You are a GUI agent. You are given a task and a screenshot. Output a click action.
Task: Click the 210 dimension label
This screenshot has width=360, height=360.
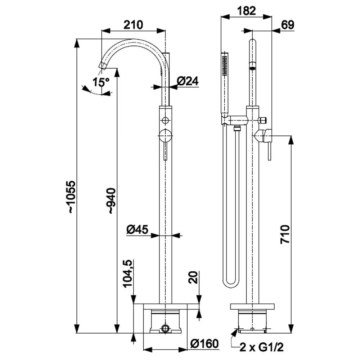pos(133,25)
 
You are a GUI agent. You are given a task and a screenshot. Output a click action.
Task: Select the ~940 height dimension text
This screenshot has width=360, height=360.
pos(112,201)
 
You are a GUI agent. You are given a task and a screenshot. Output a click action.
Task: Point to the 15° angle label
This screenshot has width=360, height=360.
pos(101,82)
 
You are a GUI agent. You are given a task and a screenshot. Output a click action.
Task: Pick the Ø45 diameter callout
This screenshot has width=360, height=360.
pos(137,229)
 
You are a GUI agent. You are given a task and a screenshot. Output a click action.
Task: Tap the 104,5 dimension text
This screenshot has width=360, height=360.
pos(128,274)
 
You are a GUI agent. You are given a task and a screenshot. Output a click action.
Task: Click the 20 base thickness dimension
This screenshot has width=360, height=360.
pos(193,277)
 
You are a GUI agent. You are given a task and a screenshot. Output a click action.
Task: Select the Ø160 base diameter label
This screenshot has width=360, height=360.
pos(204,343)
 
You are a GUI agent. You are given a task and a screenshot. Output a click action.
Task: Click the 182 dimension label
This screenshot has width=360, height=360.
pos(246,10)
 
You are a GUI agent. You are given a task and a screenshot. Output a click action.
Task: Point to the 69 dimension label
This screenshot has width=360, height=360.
pos(288,25)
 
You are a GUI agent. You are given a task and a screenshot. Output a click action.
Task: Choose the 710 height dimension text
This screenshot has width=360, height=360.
pos(285,234)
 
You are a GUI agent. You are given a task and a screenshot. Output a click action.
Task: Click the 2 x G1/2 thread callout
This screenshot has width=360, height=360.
pos(261,347)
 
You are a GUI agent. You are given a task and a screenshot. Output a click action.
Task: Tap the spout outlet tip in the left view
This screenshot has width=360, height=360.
pos(102,66)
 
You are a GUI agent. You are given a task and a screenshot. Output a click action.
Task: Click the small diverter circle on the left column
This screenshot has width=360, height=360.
pos(165,120)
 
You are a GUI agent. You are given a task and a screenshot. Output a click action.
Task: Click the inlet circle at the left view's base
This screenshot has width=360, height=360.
pos(165,328)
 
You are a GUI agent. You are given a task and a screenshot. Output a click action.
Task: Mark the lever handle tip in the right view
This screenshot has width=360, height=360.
pos(270,159)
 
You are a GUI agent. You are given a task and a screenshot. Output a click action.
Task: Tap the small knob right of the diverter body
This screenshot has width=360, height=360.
pos(263,120)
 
